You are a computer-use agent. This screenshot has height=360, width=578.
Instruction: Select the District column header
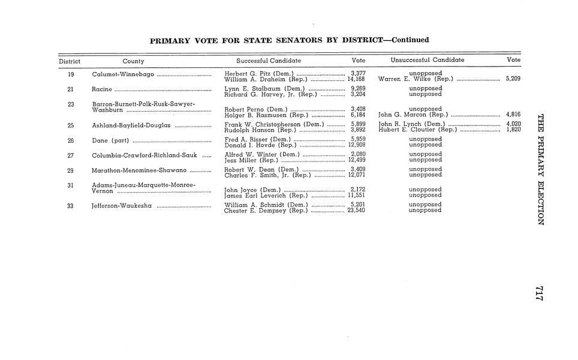70,61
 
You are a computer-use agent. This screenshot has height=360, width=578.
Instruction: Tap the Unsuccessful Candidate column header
427,61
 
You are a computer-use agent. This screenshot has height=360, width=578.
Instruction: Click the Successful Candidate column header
269,61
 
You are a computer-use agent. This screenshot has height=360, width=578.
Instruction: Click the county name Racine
102,89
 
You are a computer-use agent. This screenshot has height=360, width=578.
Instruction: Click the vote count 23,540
356,210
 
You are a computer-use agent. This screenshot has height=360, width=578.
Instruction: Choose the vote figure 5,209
513,79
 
